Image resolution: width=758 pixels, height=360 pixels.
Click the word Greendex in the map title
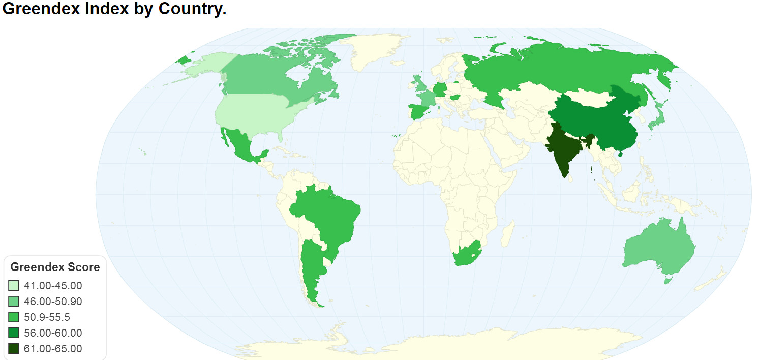[34, 9]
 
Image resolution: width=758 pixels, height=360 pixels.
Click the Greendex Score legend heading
[55, 267]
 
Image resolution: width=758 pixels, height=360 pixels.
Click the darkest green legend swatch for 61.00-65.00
[14, 349]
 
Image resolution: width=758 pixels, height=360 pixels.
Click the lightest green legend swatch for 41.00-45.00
[14, 286]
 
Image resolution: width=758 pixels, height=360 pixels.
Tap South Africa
[465, 254]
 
